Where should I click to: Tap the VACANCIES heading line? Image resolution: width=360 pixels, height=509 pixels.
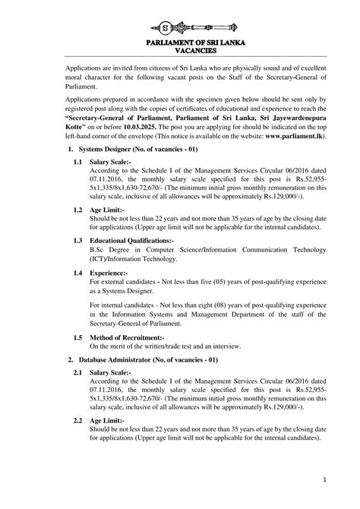click(180, 51)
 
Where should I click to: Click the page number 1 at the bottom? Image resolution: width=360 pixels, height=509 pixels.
click(324, 479)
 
